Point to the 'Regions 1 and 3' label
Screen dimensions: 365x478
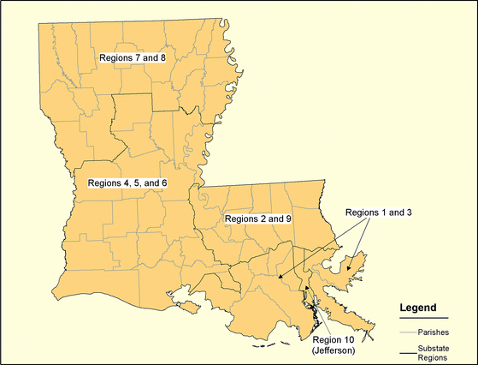379,212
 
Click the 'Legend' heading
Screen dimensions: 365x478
419,307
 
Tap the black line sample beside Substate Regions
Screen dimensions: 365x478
407,352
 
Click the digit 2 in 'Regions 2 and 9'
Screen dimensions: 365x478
263,218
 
